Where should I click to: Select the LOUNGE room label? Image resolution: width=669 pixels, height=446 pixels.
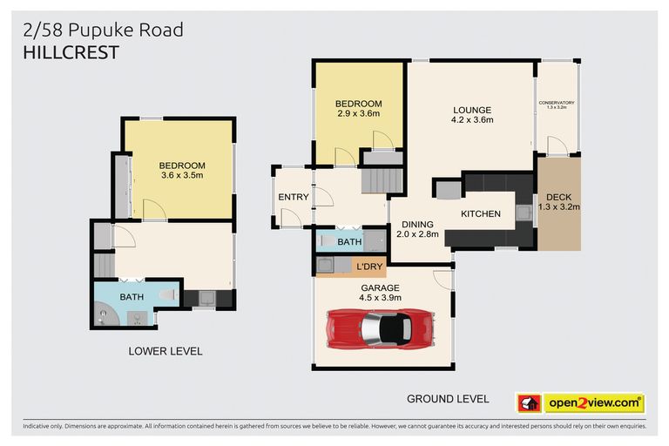472,110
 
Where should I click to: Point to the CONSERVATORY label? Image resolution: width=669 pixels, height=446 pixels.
557,103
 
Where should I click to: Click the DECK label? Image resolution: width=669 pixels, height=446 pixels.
558,196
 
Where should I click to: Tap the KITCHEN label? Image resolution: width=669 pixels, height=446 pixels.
480,213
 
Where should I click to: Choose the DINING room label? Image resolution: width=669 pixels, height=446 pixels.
417,224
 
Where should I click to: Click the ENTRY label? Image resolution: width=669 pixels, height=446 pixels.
294,197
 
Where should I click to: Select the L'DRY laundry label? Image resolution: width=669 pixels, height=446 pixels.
366,266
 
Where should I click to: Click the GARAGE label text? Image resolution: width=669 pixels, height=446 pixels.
380,287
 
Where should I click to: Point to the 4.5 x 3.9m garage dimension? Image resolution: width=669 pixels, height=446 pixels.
380,297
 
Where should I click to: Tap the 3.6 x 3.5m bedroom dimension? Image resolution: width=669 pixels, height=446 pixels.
182,176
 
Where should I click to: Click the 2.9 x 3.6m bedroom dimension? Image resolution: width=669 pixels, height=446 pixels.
359,113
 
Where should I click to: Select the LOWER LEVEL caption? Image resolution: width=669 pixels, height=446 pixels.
166,351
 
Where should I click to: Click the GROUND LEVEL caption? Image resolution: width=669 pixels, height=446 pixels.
448,399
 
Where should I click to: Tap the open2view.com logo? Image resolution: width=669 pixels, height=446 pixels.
593,403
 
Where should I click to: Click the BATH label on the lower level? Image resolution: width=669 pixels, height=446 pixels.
132,297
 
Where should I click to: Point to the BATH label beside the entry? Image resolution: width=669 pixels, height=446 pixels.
349,241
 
